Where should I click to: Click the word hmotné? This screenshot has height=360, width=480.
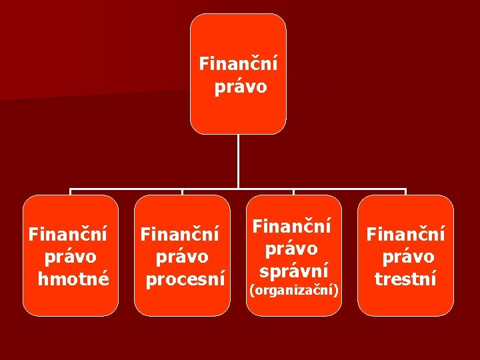[x=73, y=279]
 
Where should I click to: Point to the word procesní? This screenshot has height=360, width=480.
[x=185, y=279]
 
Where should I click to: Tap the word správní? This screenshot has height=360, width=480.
[x=294, y=271]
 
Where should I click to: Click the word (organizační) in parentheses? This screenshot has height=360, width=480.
[x=294, y=290]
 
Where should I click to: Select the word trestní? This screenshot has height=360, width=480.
[x=405, y=279]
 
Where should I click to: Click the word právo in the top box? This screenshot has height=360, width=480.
[x=241, y=87]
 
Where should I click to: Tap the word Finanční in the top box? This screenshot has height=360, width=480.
[x=239, y=65]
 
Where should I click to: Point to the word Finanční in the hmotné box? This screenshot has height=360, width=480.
[x=69, y=234]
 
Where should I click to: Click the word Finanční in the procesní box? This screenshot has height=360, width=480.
[x=179, y=234]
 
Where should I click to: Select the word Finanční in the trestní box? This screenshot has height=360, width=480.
[x=406, y=234]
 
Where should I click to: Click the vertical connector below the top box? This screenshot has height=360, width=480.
[x=238, y=160]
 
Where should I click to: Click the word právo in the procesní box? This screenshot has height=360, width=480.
[x=181, y=257]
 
